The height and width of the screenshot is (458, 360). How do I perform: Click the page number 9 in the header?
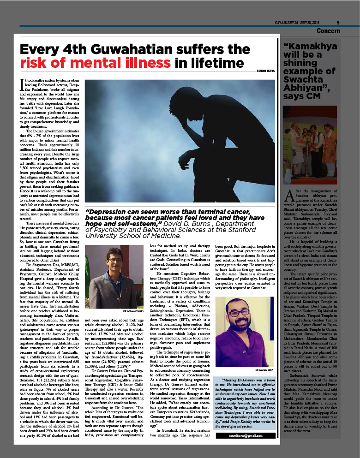click(x=338, y=22)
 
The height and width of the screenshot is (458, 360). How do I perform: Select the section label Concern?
click(x=329, y=31)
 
